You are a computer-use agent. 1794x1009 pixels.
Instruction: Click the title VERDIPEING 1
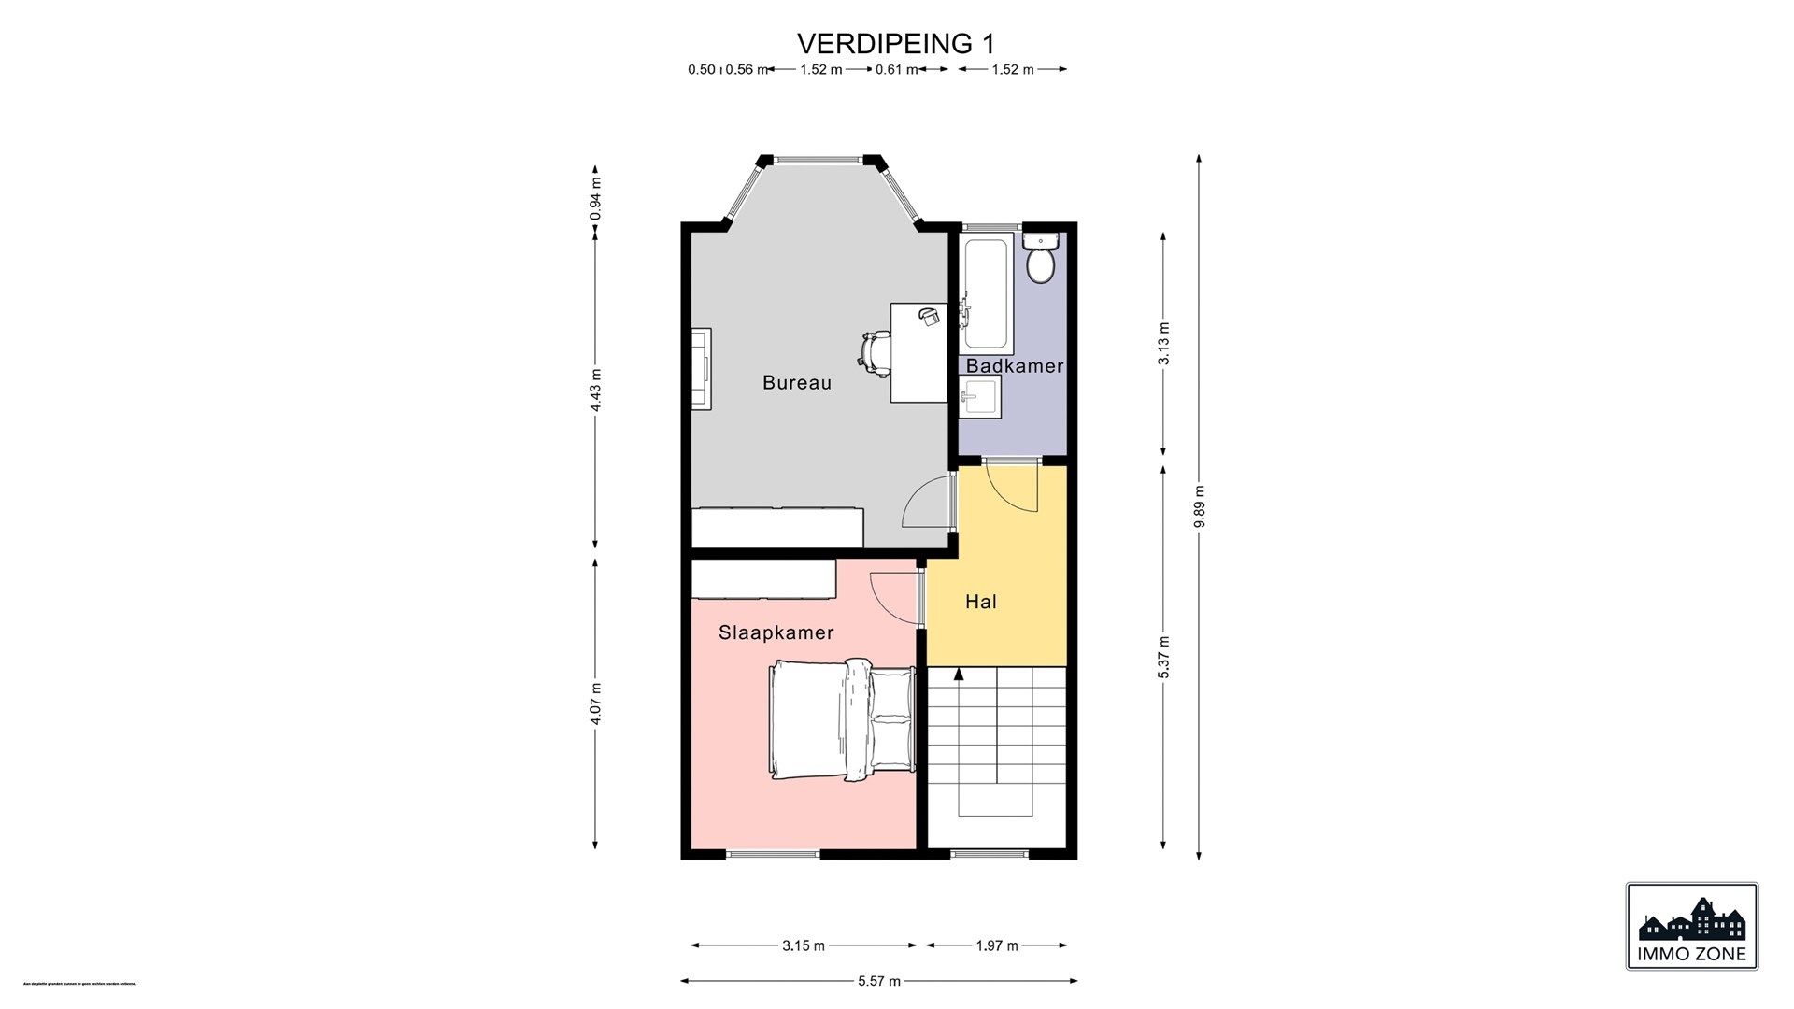[896, 43]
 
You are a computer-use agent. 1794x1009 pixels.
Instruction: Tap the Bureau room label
[796, 382]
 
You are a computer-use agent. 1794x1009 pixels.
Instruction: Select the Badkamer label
[1014, 366]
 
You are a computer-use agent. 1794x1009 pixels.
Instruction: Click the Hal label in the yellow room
[980, 603]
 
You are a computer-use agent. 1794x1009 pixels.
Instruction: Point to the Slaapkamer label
[776, 632]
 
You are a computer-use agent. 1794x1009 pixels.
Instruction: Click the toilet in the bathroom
[1039, 262]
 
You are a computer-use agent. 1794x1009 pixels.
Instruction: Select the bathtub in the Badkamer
[986, 291]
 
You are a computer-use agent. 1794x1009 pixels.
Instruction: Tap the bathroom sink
[980, 400]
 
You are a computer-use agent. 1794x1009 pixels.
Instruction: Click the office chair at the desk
[876, 353]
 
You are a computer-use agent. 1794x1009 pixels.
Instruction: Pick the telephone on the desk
[929, 316]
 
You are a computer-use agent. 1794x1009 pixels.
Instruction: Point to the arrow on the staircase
[958, 673]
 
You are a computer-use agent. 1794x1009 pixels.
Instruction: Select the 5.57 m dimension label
[878, 981]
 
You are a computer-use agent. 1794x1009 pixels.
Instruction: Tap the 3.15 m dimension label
[804, 945]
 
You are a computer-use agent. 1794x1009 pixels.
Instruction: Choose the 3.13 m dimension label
[1163, 344]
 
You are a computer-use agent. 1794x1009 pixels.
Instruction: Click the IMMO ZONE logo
[1691, 926]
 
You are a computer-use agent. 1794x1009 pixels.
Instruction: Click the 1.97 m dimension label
[996, 945]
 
